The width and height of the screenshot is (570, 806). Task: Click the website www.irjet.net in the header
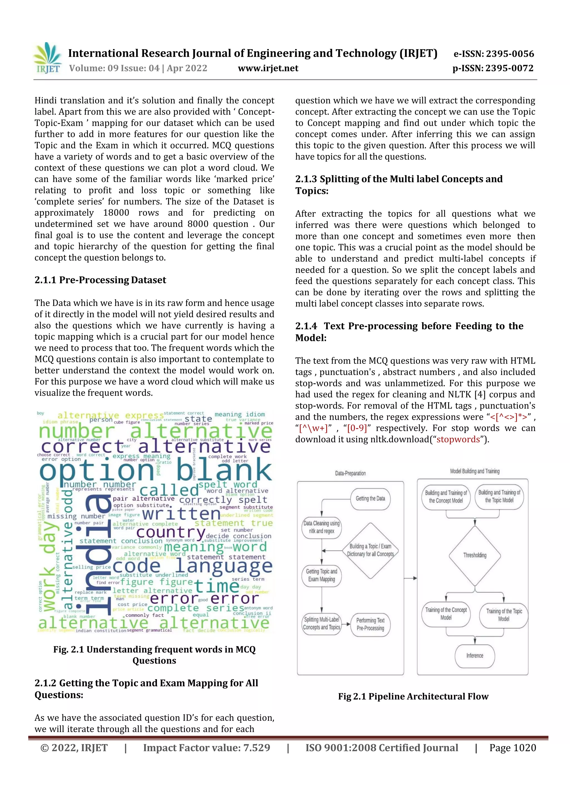pyautogui.click(x=268, y=68)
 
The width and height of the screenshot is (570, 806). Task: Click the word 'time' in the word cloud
pyautogui.click(x=217, y=586)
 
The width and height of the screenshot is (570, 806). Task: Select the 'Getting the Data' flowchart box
pyautogui.click(x=370, y=498)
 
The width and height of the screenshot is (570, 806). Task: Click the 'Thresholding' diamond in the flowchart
pyautogui.click(x=475, y=555)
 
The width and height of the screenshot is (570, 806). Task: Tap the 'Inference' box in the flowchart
pyautogui.click(x=475, y=655)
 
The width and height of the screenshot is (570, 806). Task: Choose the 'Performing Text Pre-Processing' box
pyautogui.click(x=370, y=624)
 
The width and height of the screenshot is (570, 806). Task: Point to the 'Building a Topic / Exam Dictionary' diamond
pyautogui.click(x=370, y=550)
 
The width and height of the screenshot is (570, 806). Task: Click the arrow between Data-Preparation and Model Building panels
pyautogui.click(x=410, y=578)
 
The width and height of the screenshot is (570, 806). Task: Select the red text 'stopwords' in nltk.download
pyautogui.click(x=458, y=439)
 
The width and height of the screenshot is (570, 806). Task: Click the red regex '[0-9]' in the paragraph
pyautogui.click(x=357, y=428)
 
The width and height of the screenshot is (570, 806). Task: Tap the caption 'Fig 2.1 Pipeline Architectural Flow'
pyautogui.click(x=413, y=696)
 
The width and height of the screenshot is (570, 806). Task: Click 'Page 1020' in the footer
pyautogui.click(x=512, y=748)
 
